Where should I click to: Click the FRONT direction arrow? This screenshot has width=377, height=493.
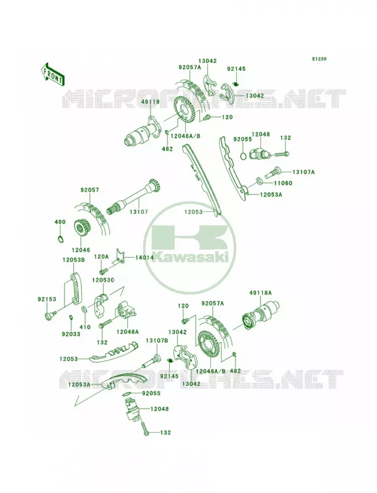52,73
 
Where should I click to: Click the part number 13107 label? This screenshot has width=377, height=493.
138,212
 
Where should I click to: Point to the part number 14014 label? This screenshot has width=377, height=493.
144,258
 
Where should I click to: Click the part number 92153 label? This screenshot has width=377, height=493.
47,299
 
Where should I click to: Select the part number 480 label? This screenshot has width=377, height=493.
60,222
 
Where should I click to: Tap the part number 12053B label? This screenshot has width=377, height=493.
73,259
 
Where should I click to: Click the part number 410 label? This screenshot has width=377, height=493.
85,327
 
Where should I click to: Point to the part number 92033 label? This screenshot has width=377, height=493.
71,334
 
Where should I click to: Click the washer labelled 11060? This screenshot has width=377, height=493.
260,181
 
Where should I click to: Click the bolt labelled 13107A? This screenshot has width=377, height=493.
274,172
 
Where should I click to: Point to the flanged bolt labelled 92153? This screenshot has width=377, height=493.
50,316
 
